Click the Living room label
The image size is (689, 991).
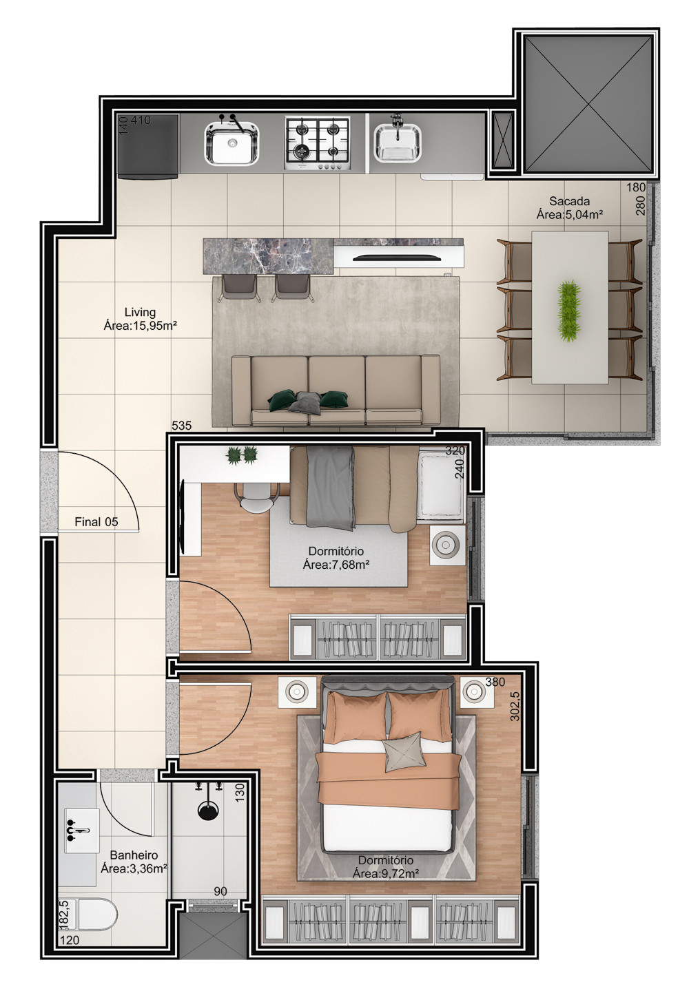click(141, 313)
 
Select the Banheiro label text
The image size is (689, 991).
click(134, 855)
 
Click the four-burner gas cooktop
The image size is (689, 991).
click(318, 143)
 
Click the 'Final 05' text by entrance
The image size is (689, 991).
click(96, 522)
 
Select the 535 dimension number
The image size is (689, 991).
click(181, 426)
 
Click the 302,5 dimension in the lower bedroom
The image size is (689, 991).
click(515, 706)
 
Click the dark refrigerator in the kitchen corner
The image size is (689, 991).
click(148, 147)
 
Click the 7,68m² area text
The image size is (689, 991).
click(336, 565)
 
